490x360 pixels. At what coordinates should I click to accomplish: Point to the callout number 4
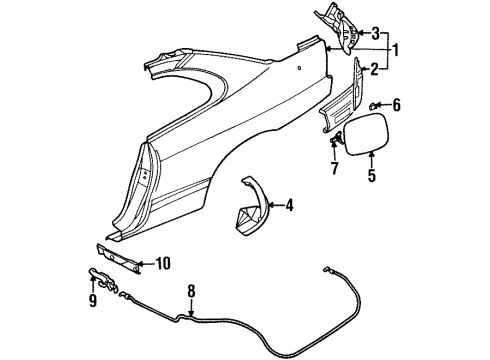click(x=290, y=208)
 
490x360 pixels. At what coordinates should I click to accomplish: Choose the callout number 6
click(x=396, y=103)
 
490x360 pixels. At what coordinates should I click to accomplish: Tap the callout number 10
click(x=162, y=264)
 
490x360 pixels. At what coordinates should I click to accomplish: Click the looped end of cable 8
click(x=328, y=269)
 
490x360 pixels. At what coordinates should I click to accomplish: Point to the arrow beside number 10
click(x=145, y=264)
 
